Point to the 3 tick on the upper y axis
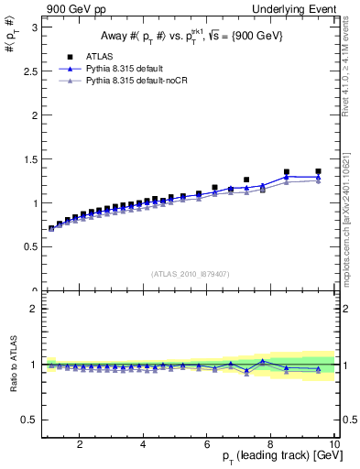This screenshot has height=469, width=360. [x=34, y=27]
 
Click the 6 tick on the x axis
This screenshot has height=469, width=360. [x=207, y=445]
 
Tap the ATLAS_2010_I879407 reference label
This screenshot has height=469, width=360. [x=189, y=274]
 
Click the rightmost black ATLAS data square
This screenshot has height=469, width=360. [x=318, y=171]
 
